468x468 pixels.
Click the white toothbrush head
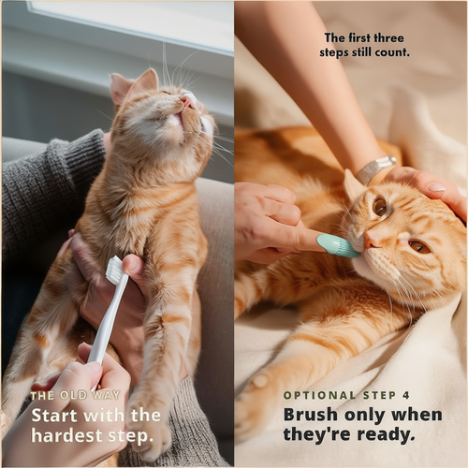115,271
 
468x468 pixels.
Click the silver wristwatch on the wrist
375,168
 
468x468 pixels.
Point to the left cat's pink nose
187,102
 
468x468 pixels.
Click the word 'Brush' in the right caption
311,415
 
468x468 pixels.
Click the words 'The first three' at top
366,37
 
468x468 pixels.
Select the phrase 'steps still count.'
366,52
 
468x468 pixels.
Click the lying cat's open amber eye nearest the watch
380,206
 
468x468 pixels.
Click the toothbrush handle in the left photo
101,328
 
